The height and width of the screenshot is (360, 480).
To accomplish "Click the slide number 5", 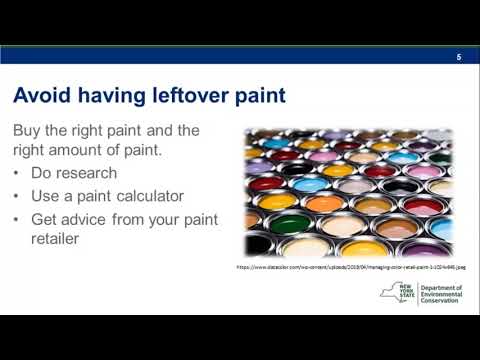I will pos(458,56).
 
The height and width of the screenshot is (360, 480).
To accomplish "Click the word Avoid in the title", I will pos(39,96).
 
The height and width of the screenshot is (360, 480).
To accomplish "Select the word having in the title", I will pos(106,96).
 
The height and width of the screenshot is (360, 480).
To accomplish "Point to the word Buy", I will pos(28,131).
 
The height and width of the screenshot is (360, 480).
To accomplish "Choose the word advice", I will pos(90,219).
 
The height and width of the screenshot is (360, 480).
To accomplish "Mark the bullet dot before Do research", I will pos(18,174).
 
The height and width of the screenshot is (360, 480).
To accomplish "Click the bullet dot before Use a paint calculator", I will pos(18,197).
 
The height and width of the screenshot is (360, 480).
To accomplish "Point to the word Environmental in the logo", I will pos(447,296).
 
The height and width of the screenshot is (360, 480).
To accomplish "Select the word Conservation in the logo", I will pos(445,304).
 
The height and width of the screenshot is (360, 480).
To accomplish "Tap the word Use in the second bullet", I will pos(46,196).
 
